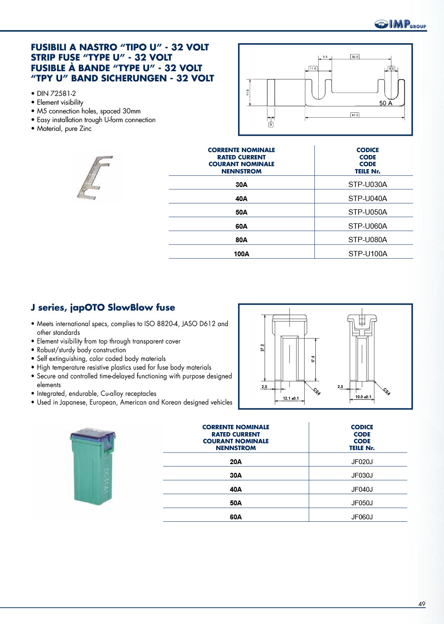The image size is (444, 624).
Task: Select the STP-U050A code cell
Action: pyautogui.click(x=368, y=212)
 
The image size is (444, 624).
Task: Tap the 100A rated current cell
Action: pyautogui.click(x=241, y=253)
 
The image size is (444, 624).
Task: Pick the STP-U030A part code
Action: pyautogui.click(x=368, y=185)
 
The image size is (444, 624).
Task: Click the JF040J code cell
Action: pyautogui.click(x=362, y=489)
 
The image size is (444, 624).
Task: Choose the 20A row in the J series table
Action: pyautogui.click(x=236, y=462)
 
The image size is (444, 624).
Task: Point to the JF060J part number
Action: pyautogui.click(x=362, y=517)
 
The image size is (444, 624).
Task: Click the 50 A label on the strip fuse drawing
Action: pyautogui.click(x=385, y=104)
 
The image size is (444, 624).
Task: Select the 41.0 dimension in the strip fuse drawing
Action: pyautogui.click(x=355, y=115)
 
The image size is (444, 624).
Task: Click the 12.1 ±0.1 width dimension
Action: pyautogui.click(x=290, y=398)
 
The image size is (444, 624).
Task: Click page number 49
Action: pyautogui.click(x=422, y=604)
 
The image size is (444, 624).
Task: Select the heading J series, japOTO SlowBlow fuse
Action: pyautogui.click(x=103, y=308)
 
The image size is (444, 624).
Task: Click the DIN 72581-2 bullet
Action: pyautogui.click(x=57, y=94)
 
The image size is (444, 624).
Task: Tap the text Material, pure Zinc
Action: pyautogui.click(x=64, y=128)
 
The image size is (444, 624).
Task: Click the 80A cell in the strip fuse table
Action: pyautogui.click(x=241, y=240)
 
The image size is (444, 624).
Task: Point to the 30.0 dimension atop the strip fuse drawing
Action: pyautogui.click(x=355, y=57)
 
